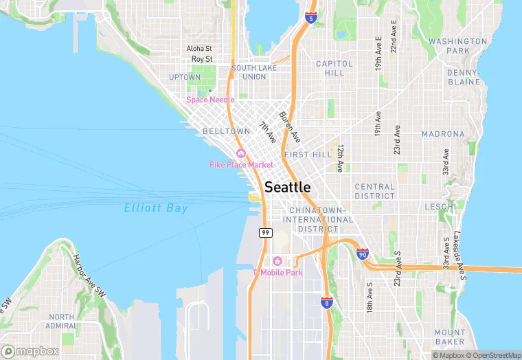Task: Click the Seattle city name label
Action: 287,187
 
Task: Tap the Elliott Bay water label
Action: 156,208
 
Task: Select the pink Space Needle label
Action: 210,100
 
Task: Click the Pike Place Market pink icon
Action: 240,153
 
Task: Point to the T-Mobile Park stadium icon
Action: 277,260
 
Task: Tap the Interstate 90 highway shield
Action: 363,254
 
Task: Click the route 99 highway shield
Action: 265,233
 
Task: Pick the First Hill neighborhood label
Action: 308,155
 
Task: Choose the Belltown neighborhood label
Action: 227,131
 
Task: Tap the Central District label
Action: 375,191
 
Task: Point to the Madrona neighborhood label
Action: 443,134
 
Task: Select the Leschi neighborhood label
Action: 440,206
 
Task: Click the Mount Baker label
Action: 450,337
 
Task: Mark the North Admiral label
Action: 62,321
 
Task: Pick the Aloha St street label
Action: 199,49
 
